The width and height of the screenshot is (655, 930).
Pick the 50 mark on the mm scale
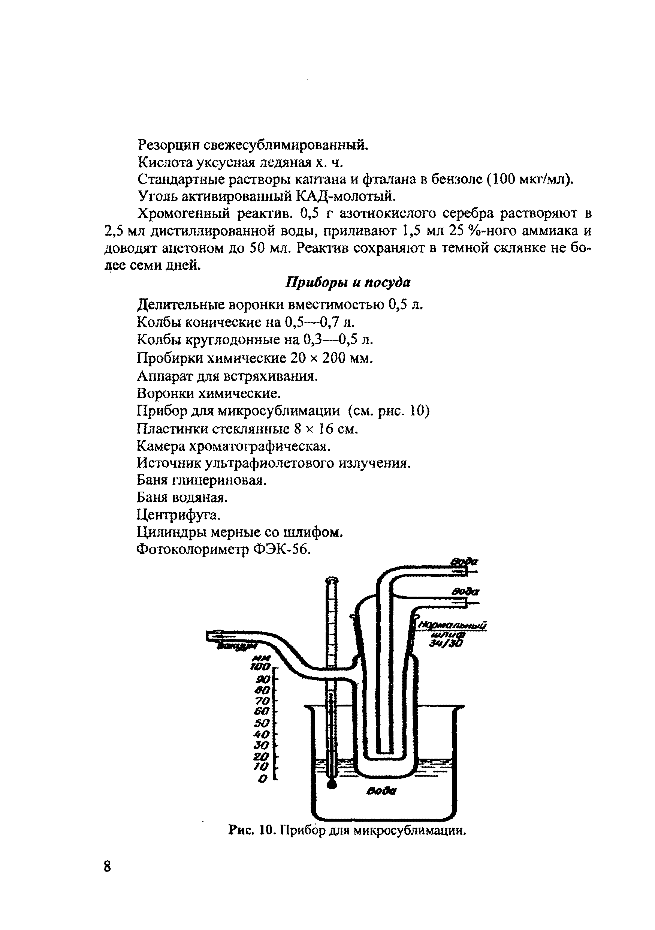pos(262,723)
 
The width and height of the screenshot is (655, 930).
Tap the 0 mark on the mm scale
pos(263,779)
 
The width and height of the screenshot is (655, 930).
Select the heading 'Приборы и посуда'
pos(348,282)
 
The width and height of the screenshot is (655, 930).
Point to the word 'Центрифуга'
pos(179,515)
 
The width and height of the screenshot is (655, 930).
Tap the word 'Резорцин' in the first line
pos(167,145)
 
